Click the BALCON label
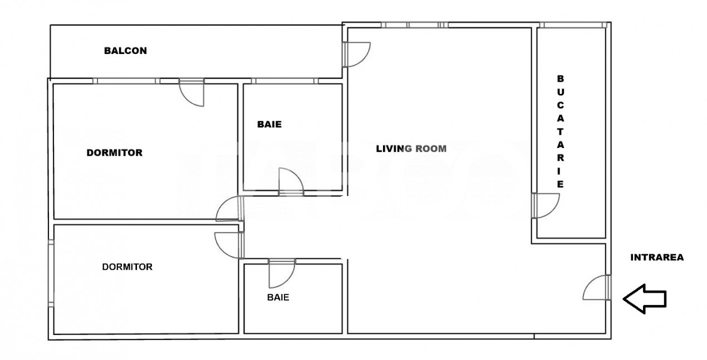tap(125, 51)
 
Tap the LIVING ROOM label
tap(411, 149)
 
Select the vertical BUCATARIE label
tap(561, 131)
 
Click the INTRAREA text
tap(657, 258)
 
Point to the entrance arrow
tap(645, 299)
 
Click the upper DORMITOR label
tap(114, 152)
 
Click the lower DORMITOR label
tap(127, 267)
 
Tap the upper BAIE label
tap(269, 125)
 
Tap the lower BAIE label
tap(278, 297)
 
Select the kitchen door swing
tap(545, 205)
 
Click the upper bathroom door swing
tap(291, 181)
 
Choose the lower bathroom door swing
tap(281, 273)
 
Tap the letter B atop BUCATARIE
tap(561, 78)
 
